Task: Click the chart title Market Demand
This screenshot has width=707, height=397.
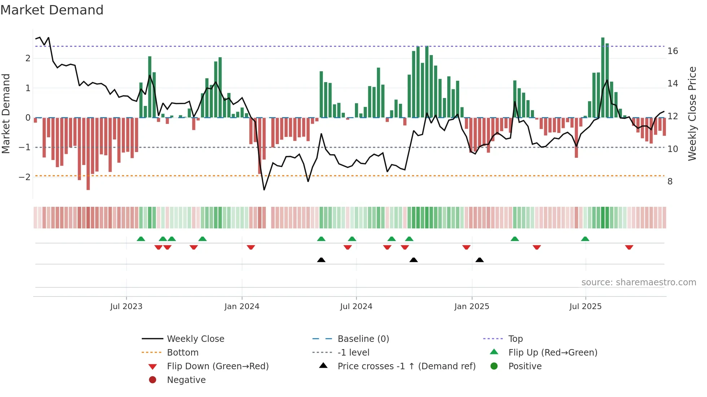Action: pyautogui.click(x=52, y=10)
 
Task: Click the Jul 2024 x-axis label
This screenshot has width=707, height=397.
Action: pyautogui.click(x=356, y=307)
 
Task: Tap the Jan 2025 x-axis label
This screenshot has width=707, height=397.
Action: pyautogui.click(x=471, y=307)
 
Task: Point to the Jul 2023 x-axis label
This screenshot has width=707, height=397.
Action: pyautogui.click(x=126, y=307)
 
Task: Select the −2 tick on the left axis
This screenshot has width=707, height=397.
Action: pyautogui.click(x=25, y=177)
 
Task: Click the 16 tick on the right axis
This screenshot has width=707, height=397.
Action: pyautogui.click(x=672, y=51)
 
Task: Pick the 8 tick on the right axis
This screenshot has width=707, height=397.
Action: pyautogui.click(x=670, y=182)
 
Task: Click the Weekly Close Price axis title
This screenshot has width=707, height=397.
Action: pyautogui.click(x=692, y=113)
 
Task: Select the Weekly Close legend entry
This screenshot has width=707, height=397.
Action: pyautogui.click(x=195, y=339)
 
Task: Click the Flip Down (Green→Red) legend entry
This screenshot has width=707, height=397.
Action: pyautogui.click(x=218, y=366)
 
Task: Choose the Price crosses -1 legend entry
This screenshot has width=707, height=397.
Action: pyautogui.click(x=406, y=366)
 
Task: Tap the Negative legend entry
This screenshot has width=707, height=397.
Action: pyautogui.click(x=186, y=380)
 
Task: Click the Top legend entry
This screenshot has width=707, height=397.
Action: pyautogui.click(x=515, y=339)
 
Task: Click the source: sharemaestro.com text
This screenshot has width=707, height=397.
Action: pyautogui.click(x=638, y=282)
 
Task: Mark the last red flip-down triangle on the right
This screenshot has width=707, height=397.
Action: pyautogui.click(x=629, y=247)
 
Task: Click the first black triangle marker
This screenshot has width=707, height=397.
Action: pyautogui.click(x=321, y=260)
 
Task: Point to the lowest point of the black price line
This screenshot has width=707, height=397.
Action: pyautogui.click(x=264, y=189)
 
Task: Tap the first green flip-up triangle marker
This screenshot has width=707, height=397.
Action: pyautogui.click(x=141, y=239)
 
